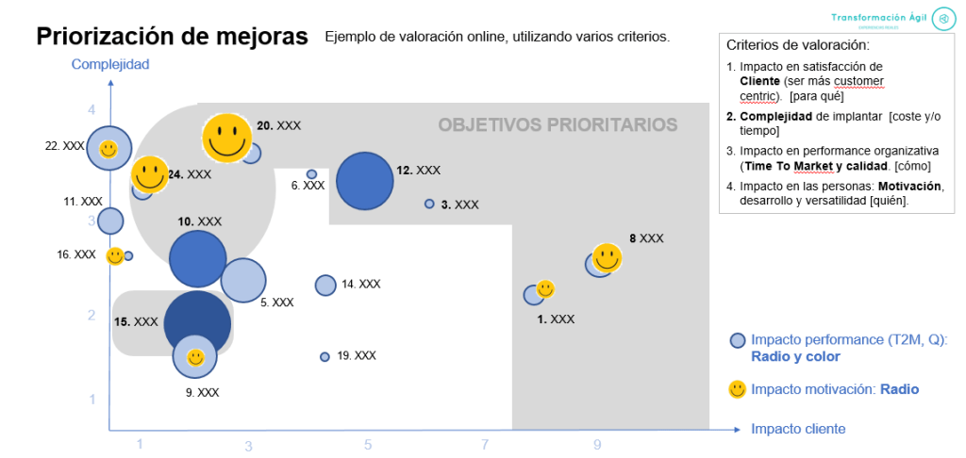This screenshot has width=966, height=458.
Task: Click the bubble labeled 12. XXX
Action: click(364, 179)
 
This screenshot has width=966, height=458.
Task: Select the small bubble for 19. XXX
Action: click(325, 357)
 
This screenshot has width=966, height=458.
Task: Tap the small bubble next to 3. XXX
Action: click(429, 204)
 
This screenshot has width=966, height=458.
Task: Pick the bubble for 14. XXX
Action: click(325, 285)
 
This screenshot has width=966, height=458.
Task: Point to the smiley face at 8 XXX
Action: click(607, 257)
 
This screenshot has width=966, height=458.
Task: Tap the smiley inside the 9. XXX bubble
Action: click(195, 358)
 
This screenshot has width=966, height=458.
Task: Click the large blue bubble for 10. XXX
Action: click(198, 258)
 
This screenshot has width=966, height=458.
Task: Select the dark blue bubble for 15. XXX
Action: click(196, 321)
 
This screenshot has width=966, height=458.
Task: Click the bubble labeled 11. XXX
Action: click(110, 221)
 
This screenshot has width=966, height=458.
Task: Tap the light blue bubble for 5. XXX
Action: click(242, 280)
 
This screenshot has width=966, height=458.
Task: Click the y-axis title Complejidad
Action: click(110, 65)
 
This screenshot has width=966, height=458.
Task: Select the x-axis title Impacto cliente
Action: click(798, 429)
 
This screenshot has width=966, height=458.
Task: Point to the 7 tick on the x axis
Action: click(485, 444)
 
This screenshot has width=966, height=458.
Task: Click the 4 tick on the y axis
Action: click(92, 110)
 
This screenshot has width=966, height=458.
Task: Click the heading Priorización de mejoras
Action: click(172, 37)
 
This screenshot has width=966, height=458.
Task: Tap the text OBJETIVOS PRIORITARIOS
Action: click(558, 124)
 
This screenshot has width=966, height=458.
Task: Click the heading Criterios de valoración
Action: click(798, 44)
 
